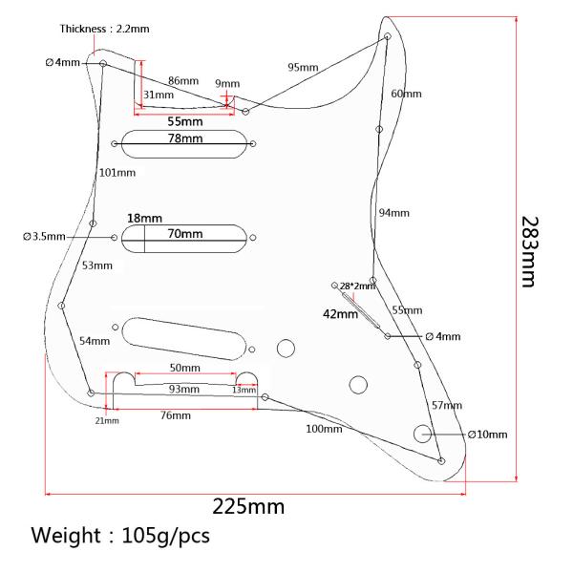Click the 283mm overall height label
click(530, 252)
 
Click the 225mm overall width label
click(248, 507)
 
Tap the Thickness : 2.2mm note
click(104, 29)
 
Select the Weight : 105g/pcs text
click(120, 536)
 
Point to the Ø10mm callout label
click(487, 435)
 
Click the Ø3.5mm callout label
click(44, 237)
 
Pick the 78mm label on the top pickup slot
click(185, 138)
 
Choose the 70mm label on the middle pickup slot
click(185, 234)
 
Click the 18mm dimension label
click(144, 218)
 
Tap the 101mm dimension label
click(117, 173)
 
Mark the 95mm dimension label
click(303, 67)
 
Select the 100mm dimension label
click(324, 429)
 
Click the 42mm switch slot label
click(340, 314)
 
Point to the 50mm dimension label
click(185, 368)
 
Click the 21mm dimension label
click(107, 420)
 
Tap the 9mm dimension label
click(227, 84)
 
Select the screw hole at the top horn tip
click(388, 36)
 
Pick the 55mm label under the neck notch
click(185, 121)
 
